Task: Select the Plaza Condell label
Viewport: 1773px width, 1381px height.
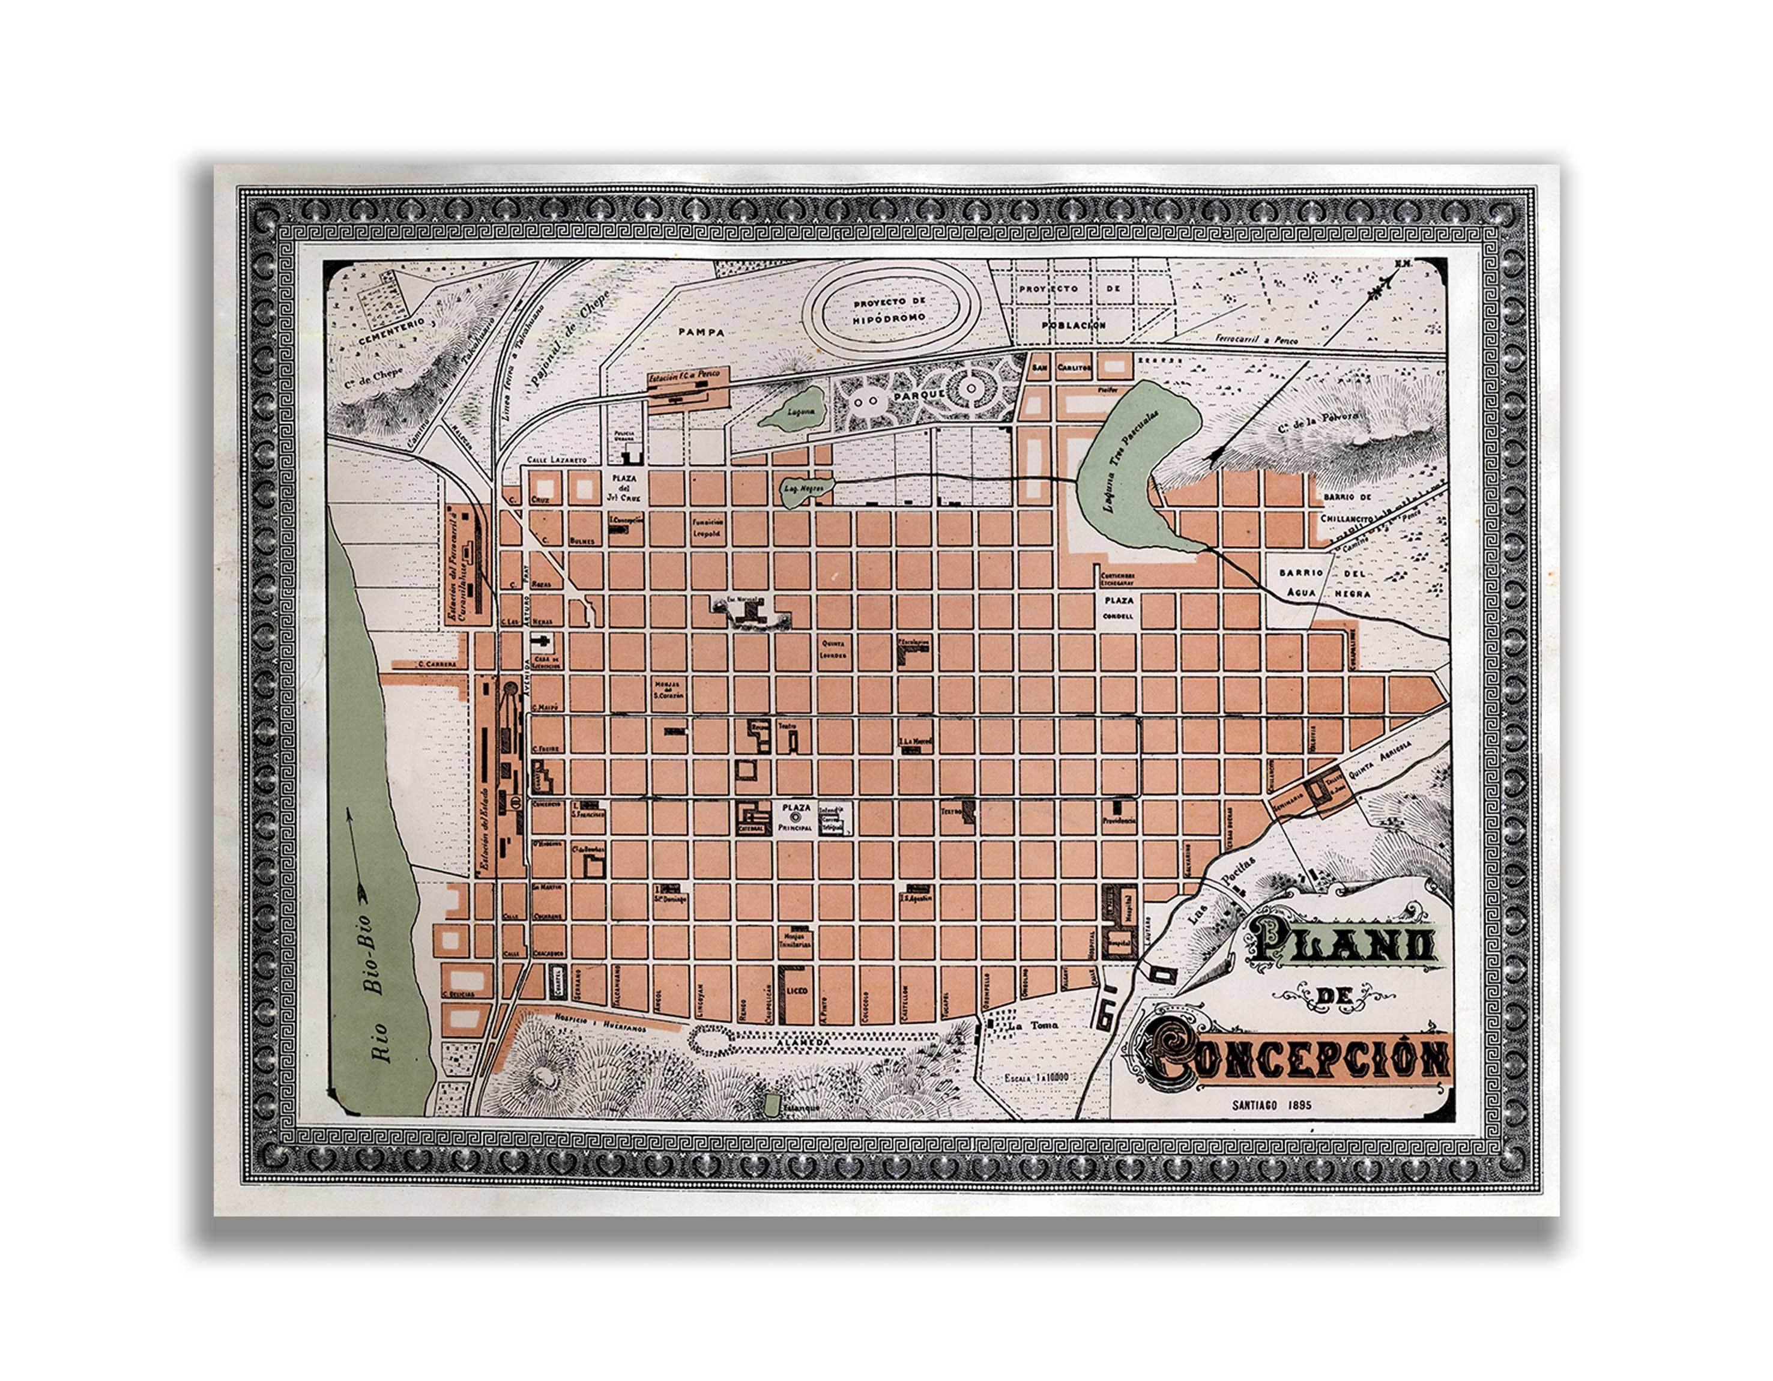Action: click(1118, 607)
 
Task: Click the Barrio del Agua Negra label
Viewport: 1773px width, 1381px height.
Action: click(1323, 583)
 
